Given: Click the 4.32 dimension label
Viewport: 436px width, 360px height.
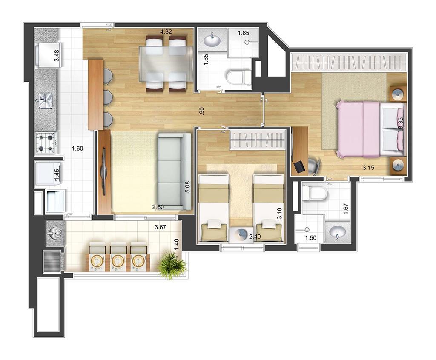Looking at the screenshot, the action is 166,31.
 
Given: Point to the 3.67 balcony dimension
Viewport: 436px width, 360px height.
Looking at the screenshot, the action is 160,227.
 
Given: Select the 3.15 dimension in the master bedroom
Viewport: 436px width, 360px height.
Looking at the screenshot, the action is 368,168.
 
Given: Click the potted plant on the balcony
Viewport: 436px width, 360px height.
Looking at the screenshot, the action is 171,265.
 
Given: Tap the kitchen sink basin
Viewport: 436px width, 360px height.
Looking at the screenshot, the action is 46,100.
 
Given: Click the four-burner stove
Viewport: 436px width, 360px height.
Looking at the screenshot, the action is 46,143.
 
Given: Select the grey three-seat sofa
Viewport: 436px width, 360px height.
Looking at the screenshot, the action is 174,171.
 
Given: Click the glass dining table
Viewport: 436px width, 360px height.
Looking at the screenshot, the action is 166,64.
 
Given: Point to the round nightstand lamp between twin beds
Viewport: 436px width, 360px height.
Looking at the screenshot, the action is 239,235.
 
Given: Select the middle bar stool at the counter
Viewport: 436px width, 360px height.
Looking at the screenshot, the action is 108,97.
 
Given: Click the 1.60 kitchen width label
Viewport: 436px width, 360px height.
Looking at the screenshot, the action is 77,149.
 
